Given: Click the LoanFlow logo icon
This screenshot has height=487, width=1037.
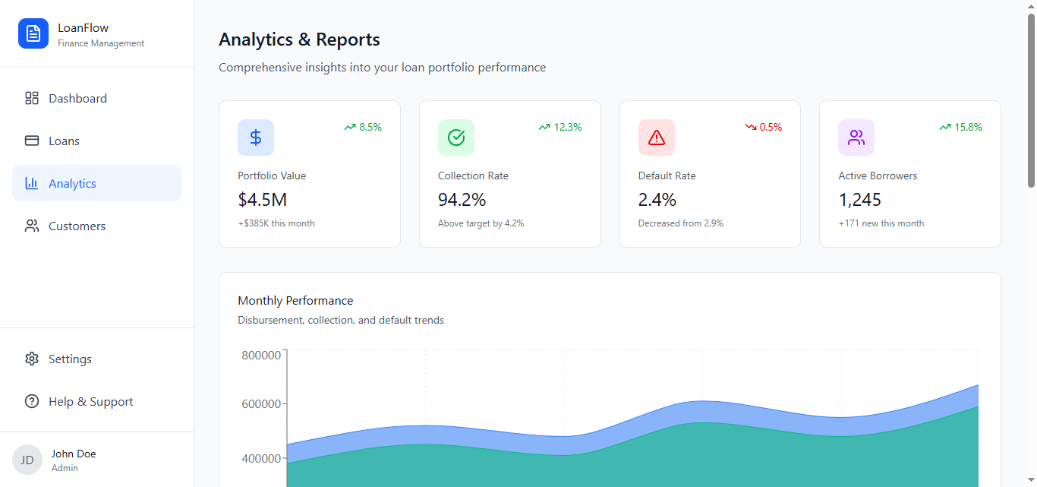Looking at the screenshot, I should coord(33,33).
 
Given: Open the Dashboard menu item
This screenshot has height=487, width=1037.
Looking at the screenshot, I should coord(77,98).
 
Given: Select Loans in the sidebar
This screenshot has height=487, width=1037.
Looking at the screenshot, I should coord(64,141).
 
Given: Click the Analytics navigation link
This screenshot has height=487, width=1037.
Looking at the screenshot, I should coord(72,183).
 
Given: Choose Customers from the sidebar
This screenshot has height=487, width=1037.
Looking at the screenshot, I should coord(77,226).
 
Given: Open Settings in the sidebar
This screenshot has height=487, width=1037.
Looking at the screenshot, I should coord(70,359).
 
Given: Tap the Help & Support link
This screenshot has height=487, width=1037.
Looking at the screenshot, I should coord(90,401).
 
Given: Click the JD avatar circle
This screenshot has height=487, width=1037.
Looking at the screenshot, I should coord(27,460).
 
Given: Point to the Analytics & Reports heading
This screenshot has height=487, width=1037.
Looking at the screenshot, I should coord(299,40).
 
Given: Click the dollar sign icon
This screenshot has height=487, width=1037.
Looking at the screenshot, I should coord(256,138).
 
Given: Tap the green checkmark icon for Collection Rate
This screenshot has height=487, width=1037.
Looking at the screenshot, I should coord(456,138).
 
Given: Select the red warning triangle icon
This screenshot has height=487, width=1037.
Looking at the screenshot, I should coord(657,138).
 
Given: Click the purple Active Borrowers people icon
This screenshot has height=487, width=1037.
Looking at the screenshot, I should coord(856,138).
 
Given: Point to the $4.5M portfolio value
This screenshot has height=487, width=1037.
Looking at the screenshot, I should coord(263,200).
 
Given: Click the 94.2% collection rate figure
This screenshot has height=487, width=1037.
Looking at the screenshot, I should coord(462,200).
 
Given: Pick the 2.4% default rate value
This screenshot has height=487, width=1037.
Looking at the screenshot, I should coord(657,200).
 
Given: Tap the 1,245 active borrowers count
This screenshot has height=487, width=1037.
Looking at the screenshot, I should coord(860,200).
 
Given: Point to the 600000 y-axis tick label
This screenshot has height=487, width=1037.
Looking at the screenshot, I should coord(261,403).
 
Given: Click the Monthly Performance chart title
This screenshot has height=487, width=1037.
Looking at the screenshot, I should coord(295,300).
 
